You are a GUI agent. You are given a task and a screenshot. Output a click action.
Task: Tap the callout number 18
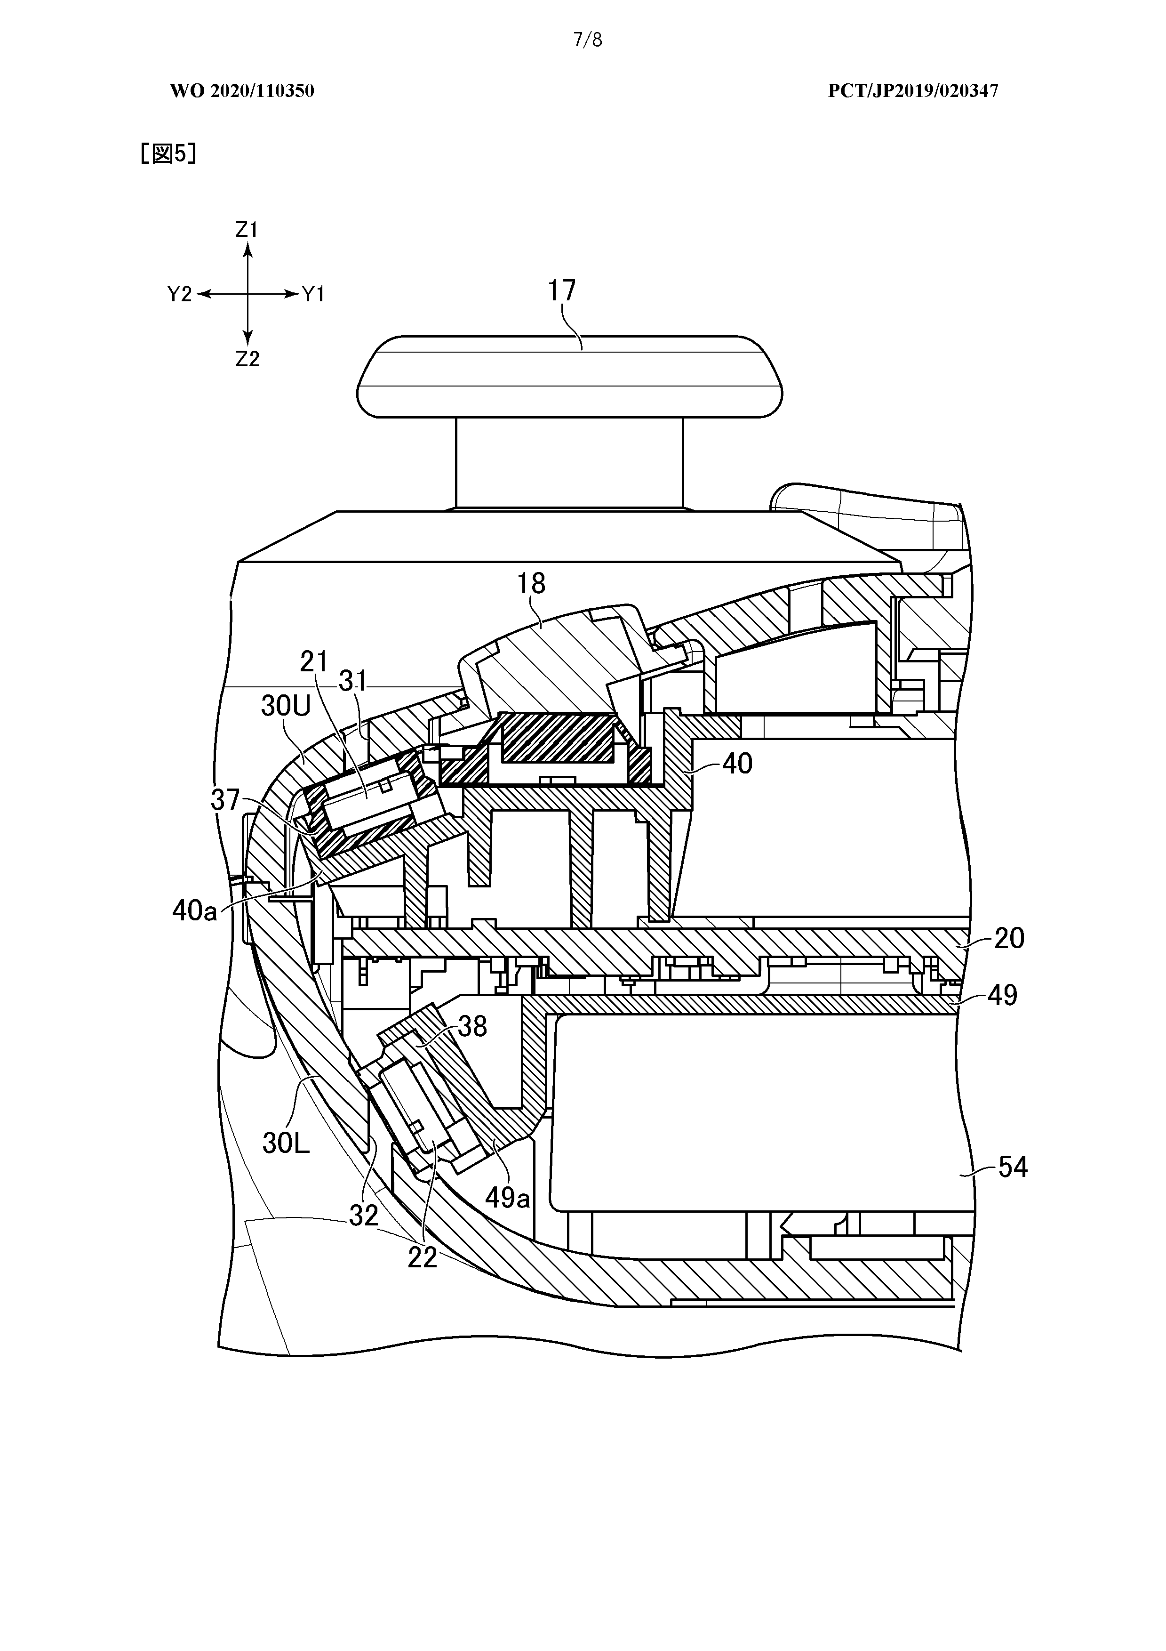coord(531,583)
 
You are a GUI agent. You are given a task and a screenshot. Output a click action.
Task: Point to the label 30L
coord(286,1143)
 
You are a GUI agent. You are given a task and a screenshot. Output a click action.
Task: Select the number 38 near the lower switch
coord(472,1027)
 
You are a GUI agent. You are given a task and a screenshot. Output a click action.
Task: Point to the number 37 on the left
coord(226,800)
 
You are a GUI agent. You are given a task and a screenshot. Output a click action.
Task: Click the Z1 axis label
coord(247,230)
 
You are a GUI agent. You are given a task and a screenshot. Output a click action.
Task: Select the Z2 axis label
coord(247,359)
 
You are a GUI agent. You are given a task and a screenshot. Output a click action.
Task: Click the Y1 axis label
coord(313,294)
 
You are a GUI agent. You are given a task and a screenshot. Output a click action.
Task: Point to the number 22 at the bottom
coord(422,1257)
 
